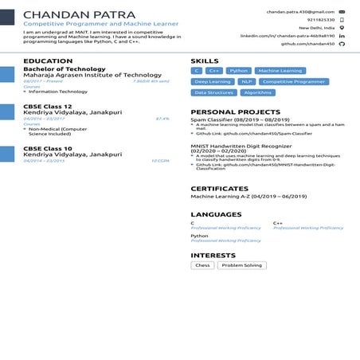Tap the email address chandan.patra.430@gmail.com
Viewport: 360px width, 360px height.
(299, 12)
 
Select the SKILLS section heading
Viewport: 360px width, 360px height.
(205, 61)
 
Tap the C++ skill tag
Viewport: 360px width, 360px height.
(214, 71)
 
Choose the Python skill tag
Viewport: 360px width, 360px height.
(239, 71)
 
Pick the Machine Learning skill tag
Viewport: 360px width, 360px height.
(280, 71)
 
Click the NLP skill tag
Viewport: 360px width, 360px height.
(247, 81)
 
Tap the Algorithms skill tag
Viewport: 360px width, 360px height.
(257, 92)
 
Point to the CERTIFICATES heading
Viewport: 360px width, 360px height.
(220, 189)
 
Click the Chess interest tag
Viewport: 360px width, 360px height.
(202, 265)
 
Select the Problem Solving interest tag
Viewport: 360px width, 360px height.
(241, 265)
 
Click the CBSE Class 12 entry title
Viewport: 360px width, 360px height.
(48, 106)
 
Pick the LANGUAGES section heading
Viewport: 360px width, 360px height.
(216, 214)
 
